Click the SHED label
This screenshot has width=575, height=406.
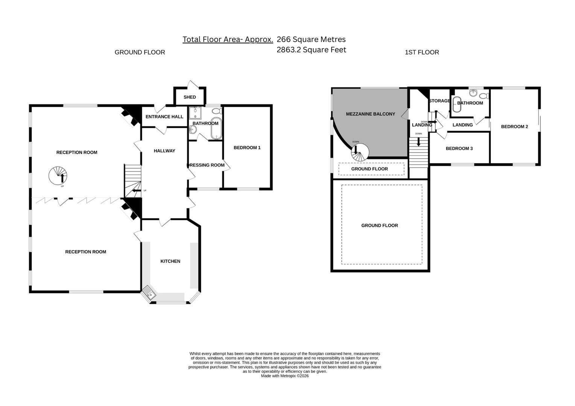190,97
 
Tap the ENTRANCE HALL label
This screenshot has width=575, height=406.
164,117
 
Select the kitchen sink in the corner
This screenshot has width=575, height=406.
149,294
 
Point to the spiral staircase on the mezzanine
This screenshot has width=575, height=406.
360,152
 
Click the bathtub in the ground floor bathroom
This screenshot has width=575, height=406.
216,129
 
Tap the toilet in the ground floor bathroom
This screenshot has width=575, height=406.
217,111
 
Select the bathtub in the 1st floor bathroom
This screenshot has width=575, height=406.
456,105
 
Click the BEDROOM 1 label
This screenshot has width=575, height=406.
247,148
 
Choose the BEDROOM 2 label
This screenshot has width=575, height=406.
514,127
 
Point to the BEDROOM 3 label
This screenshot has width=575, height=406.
459,148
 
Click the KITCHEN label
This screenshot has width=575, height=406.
170,261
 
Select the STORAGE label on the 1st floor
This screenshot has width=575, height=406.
439,101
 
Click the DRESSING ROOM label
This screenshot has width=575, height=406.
206,165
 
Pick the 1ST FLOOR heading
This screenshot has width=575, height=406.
421,52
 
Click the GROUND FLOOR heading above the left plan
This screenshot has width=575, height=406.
140,52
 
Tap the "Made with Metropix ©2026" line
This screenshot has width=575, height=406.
284,376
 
